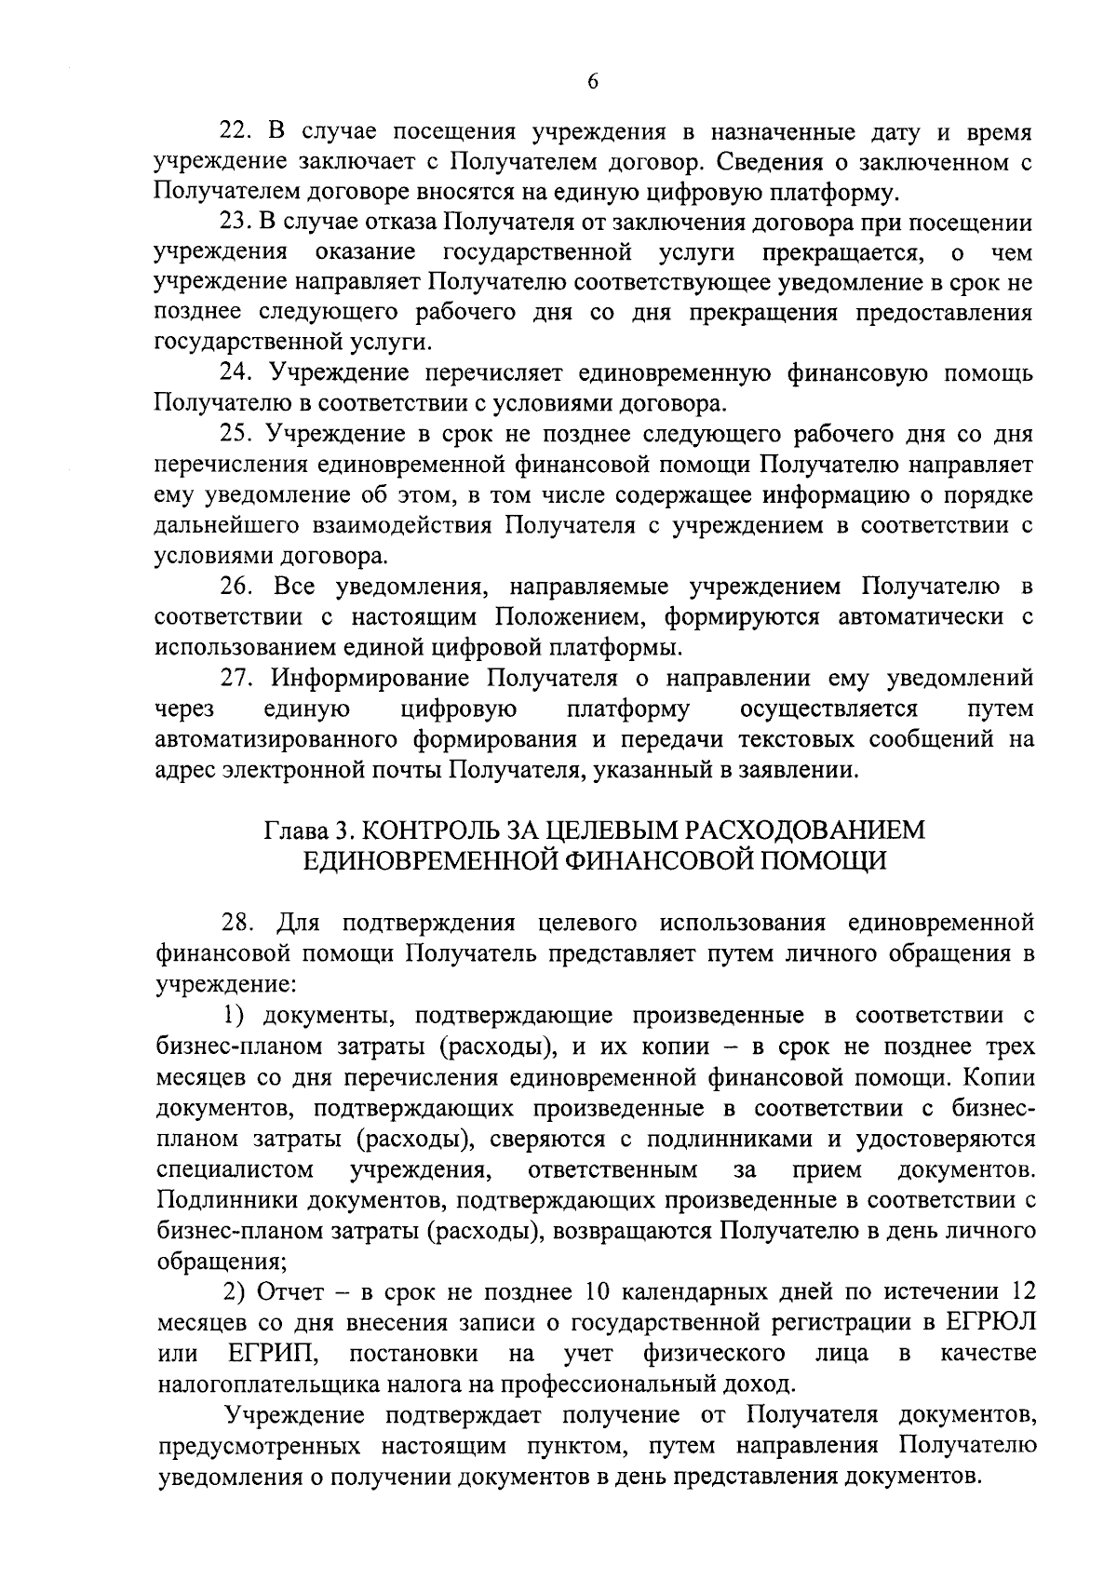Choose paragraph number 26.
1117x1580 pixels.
[236, 587]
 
